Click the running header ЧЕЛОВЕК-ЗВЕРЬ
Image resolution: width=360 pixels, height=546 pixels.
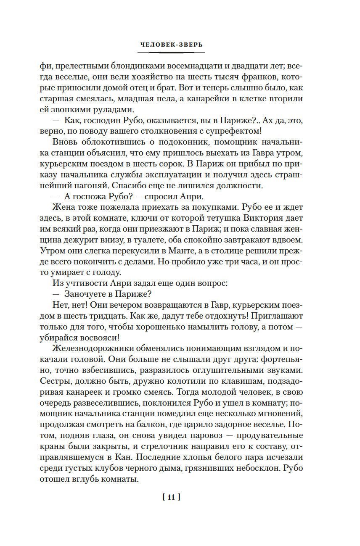click(x=171, y=45)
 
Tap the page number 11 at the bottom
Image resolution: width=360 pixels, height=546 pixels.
click(x=171, y=498)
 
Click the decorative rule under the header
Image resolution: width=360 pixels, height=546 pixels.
click(x=171, y=53)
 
